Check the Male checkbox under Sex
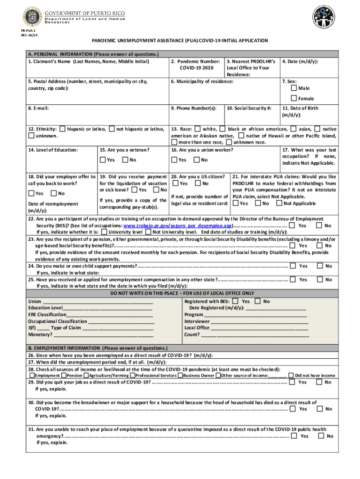pyautogui.click(x=294, y=88)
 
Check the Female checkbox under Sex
pyautogui.click(x=294, y=98)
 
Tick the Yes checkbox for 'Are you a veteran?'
pyautogui.click(x=102, y=160)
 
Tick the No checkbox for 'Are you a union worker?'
pyautogui.click(x=197, y=160)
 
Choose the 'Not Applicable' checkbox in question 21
pyautogui.click(x=279, y=203)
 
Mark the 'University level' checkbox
pyautogui.click(x=104, y=232)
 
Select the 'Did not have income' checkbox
pyautogui.click(x=291, y=375)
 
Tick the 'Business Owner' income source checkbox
pyautogui.click(x=180, y=375)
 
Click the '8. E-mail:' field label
pyautogui.click(x=38, y=108)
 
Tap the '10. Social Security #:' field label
pyautogui.click(x=249, y=108)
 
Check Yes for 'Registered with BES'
pyautogui.click(x=235, y=301)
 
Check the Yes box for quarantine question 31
pyautogui.click(x=294, y=436)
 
